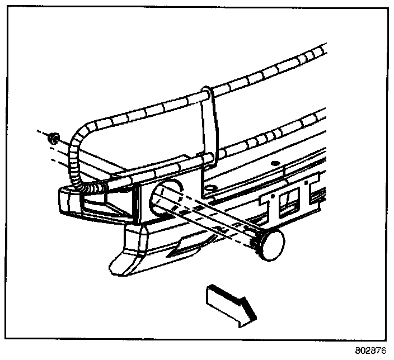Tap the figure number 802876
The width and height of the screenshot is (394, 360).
[x=370, y=351]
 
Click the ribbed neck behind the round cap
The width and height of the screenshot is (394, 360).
[x=256, y=240]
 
